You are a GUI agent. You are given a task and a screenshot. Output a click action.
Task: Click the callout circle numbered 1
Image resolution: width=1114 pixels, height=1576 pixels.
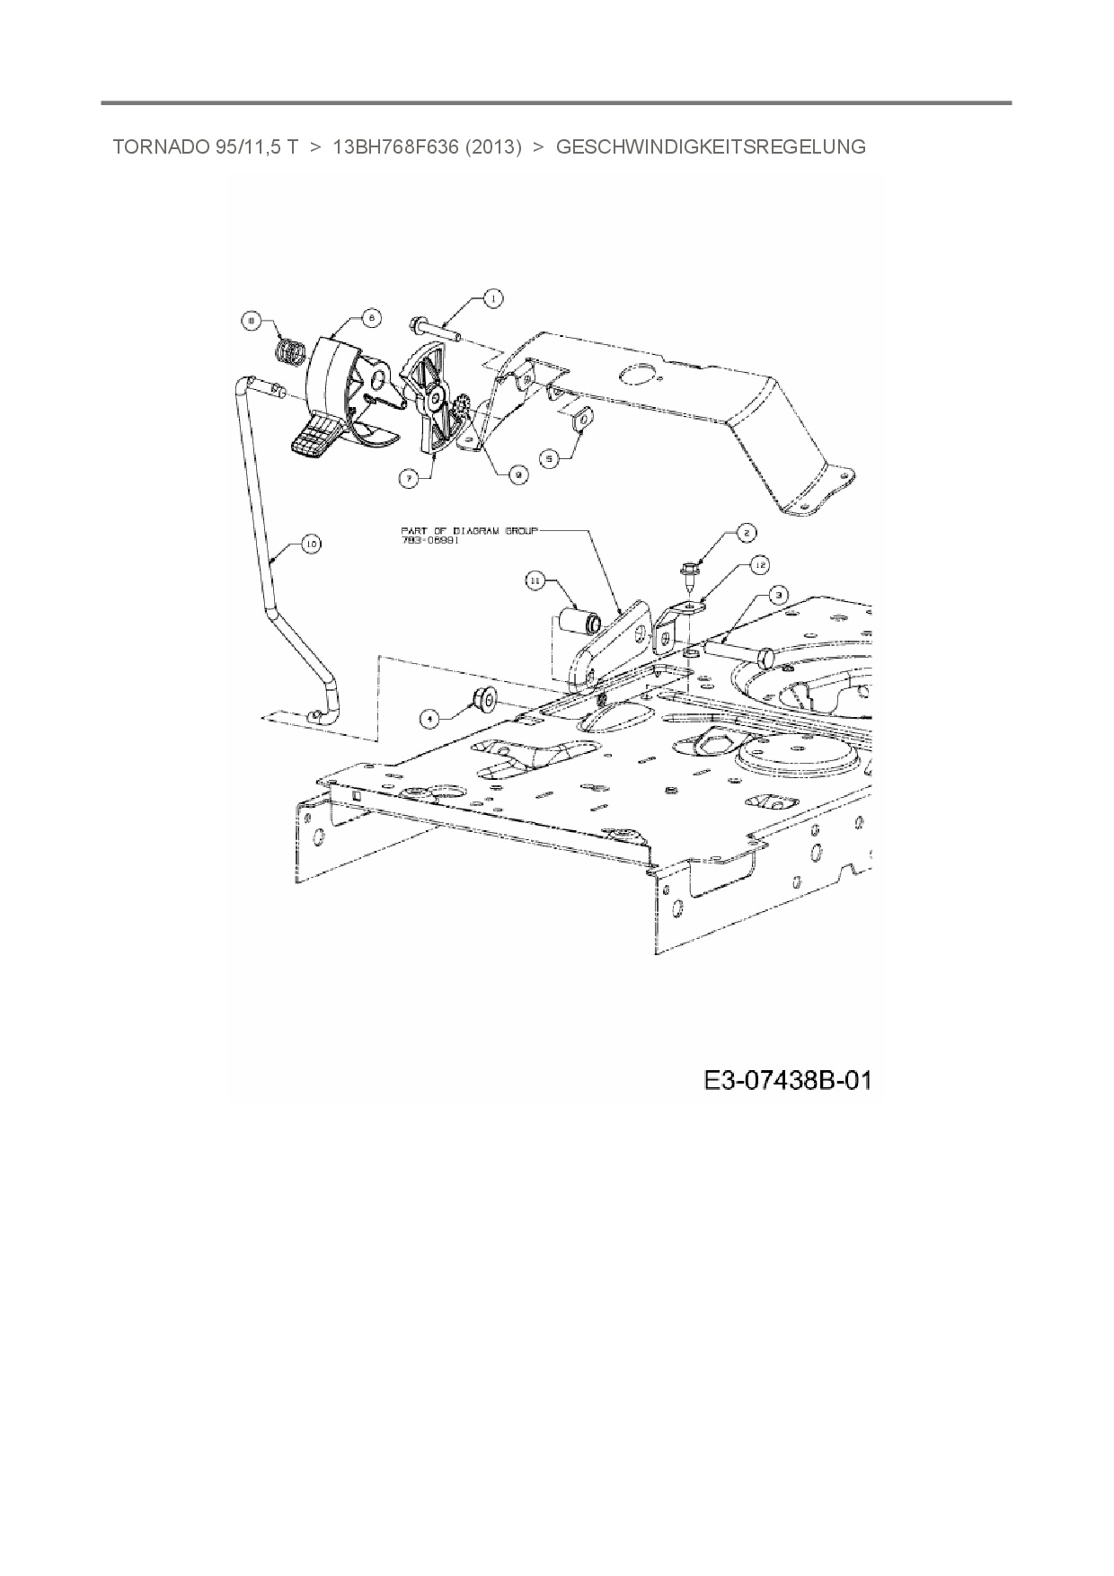coord(491,298)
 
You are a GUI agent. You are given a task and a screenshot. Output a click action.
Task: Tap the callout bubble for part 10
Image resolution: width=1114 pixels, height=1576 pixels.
coord(311,544)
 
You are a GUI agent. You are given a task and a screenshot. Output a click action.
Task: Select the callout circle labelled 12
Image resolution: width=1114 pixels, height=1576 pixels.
coord(759,564)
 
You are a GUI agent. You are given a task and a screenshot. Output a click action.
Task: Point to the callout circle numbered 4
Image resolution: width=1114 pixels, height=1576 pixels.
coord(431,717)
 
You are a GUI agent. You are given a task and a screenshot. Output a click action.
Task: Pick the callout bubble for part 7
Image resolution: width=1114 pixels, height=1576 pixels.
coord(409,480)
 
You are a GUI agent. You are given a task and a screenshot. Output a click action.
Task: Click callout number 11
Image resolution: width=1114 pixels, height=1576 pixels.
coord(535,582)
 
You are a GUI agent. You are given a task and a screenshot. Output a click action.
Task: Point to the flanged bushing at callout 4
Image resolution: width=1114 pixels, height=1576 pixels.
coord(485,696)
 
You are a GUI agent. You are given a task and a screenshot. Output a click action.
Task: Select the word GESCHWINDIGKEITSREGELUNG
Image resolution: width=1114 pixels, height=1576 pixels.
coord(711,147)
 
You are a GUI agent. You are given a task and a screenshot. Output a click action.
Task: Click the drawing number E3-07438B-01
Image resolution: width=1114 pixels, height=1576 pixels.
coord(787,1080)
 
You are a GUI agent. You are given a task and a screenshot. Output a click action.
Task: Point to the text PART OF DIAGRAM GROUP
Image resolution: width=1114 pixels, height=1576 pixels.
coord(469,531)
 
